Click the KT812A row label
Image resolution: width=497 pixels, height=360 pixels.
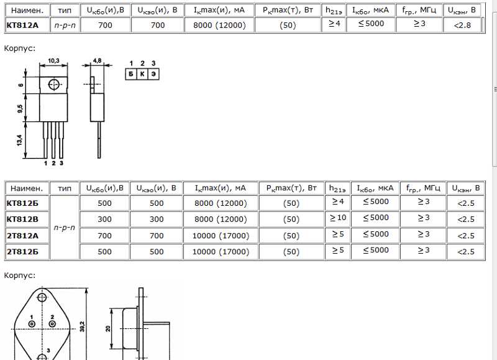(x=22, y=25)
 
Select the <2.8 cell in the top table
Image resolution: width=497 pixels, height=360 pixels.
(x=462, y=25)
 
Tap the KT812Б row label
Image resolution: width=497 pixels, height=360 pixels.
(x=22, y=203)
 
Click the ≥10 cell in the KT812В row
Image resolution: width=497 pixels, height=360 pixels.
(x=338, y=218)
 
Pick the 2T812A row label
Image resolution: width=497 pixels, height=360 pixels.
(x=22, y=236)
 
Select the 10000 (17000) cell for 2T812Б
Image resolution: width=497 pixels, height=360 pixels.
(x=221, y=252)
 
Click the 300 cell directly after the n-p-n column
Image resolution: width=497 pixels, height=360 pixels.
(x=104, y=219)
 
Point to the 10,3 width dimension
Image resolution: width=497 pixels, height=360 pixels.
(x=53, y=60)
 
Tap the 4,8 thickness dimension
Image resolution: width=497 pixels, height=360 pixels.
(x=97, y=60)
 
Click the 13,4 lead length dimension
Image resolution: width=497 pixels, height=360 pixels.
(x=20, y=140)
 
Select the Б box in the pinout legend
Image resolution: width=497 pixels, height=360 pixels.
(x=131, y=74)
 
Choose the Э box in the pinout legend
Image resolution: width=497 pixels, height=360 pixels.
(x=153, y=74)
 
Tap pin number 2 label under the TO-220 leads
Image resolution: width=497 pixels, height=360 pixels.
(x=53, y=163)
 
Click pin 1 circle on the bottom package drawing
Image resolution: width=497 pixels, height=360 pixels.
(x=32, y=324)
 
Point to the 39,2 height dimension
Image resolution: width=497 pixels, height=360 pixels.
(x=83, y=326)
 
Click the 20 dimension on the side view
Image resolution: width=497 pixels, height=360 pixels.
(x=108, y=328)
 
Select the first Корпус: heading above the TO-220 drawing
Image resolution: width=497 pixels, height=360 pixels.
(x=20, y=48)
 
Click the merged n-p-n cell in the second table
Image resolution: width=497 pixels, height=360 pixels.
(x=65, y=228)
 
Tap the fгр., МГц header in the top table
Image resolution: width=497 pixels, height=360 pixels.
(x=419, y=11)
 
